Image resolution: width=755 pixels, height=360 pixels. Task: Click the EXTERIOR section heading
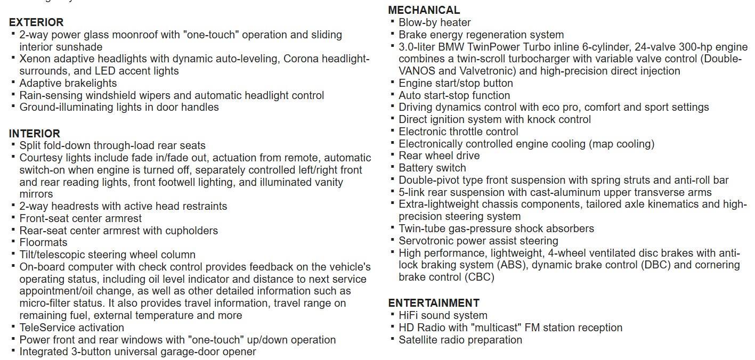pos(36,22)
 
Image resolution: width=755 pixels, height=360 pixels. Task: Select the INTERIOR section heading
pos(35,134)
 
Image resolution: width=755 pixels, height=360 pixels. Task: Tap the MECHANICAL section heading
pos(424,10)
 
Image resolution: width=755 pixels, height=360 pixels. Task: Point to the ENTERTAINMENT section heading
pos(434,303)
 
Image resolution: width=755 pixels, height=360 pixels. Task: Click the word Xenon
pos(35,59)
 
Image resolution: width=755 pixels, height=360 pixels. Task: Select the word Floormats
pos(43,243)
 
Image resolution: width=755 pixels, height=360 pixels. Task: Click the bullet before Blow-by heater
pos(393,21)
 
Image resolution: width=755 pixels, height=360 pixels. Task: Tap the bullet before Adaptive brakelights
pos(13,82)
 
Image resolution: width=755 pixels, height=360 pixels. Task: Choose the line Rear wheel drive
pos(439,156)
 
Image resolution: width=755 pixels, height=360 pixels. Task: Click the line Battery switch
pos(432,168)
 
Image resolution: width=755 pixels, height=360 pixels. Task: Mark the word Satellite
pos(418,340)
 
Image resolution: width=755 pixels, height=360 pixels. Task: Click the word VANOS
pos(418,71)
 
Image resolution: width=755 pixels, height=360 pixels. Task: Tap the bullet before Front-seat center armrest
pos(13,217)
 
